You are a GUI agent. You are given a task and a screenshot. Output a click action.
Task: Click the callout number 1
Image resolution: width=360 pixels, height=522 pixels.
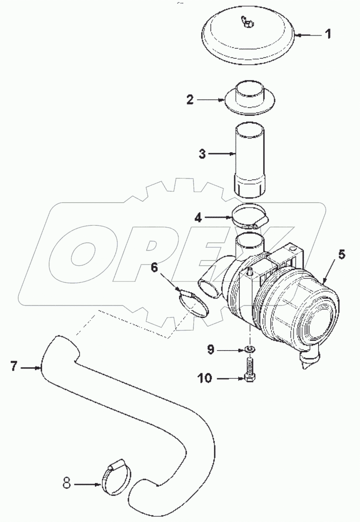(330, 33)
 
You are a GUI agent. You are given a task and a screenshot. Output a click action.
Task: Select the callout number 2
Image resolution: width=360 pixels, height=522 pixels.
(190, 100)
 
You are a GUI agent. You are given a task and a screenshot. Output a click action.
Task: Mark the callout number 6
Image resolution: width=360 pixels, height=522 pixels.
(154, 268)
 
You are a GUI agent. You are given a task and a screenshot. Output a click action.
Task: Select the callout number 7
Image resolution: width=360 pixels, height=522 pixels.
(14, 367)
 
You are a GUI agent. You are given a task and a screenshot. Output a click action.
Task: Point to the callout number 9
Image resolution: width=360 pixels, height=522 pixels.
(210, 348)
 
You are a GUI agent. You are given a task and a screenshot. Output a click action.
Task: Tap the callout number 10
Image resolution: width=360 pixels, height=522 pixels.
(205, 378)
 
